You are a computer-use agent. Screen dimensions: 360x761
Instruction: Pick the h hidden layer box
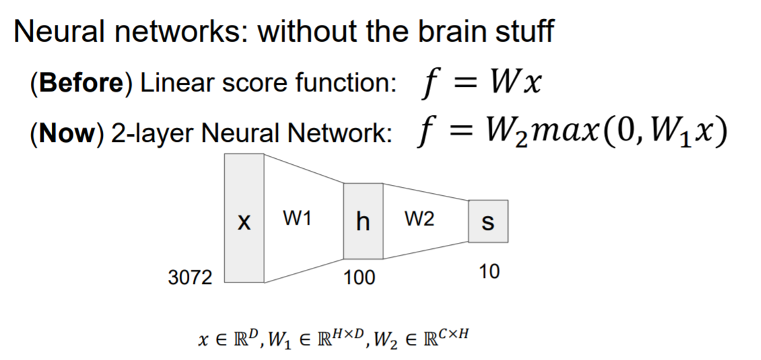[363, 221]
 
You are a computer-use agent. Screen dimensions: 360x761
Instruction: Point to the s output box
[488, 221]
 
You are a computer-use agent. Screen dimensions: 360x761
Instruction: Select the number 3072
[190, 277]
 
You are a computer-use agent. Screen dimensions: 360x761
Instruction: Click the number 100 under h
[360, 277]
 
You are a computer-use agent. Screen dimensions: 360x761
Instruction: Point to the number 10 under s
[489, 272]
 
